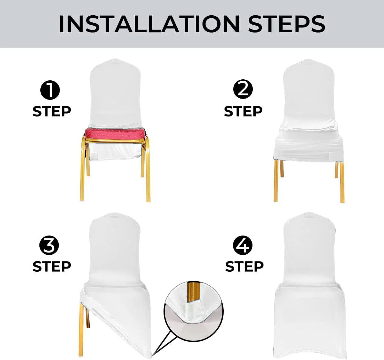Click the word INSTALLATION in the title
click(x=149, y=24)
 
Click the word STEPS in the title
click(x=287, y=24)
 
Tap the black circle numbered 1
click(x=50, y=91)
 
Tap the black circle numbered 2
click(x=243, y=89)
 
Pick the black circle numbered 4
click(x=243, y=246)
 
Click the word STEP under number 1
click(x=52, y=111)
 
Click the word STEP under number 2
click(x=243, y=111)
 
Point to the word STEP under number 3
click(x=52, y=266)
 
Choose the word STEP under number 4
click(x=244, y=266)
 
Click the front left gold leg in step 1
click(x=82, y=173)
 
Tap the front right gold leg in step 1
click(x=148, y=173)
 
